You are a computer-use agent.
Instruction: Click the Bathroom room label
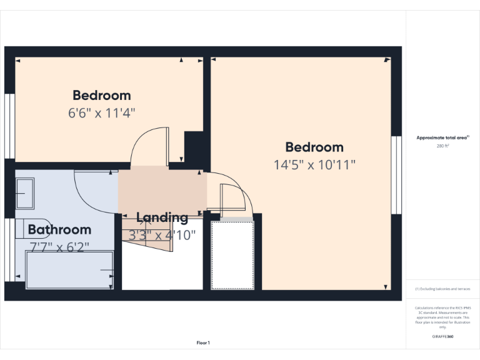[59, 229]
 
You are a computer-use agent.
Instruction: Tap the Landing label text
[162, 217]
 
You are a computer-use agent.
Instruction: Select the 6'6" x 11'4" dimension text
[102, 113]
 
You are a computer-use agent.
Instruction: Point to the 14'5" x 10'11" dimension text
[314, 165]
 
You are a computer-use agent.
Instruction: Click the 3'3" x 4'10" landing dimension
[162, 235]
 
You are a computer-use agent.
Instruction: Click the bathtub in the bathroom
[69, 270]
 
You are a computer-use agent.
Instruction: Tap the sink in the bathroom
[25, 193]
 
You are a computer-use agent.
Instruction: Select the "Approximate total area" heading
[442, 137]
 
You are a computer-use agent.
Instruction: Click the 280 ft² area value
[442, 146]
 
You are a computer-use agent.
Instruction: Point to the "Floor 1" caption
[203, 342]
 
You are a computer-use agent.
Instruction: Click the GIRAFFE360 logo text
[442, 337]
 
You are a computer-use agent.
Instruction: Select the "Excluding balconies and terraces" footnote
[442, 289]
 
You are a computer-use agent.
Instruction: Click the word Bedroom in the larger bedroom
[314, 147]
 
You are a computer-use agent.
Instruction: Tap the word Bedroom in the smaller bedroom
[102, 96]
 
